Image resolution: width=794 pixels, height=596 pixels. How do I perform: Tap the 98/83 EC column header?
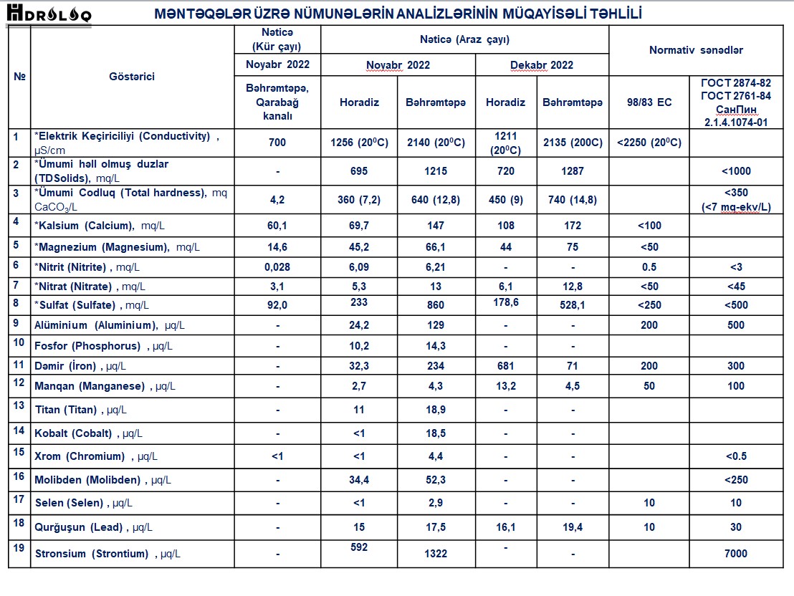(x=649, y=102)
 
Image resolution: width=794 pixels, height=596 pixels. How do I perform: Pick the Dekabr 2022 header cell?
(x=542, y=65)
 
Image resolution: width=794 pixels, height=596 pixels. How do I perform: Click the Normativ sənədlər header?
(x=696, y=50)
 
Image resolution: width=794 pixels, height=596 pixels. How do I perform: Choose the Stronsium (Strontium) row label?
(x=91, y=554)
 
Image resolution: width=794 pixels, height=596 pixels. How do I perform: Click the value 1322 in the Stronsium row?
(x=435, y=553)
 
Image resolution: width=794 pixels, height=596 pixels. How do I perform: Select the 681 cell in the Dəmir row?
(x=505, y=366)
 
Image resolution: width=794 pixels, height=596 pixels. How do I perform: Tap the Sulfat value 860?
(x=435, y=305)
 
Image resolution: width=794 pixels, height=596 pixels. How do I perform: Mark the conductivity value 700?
(x=277, y=143)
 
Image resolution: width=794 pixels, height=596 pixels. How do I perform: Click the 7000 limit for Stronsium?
(x=735, y=553)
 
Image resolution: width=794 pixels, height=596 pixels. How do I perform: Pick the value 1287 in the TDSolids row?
(x=573, y=171)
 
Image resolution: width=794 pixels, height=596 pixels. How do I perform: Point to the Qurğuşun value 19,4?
(x=573, y=527)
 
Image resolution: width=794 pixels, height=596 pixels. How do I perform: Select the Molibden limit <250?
(x=735, y=480)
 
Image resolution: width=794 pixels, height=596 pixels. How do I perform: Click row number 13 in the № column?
(x=19, y=405)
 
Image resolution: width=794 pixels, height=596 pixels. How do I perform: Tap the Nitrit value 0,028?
(x=277, y=266)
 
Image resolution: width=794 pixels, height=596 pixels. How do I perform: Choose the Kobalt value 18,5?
(x=435, y=433)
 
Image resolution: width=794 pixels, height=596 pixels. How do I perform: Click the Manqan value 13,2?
(x=505, y=386)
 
